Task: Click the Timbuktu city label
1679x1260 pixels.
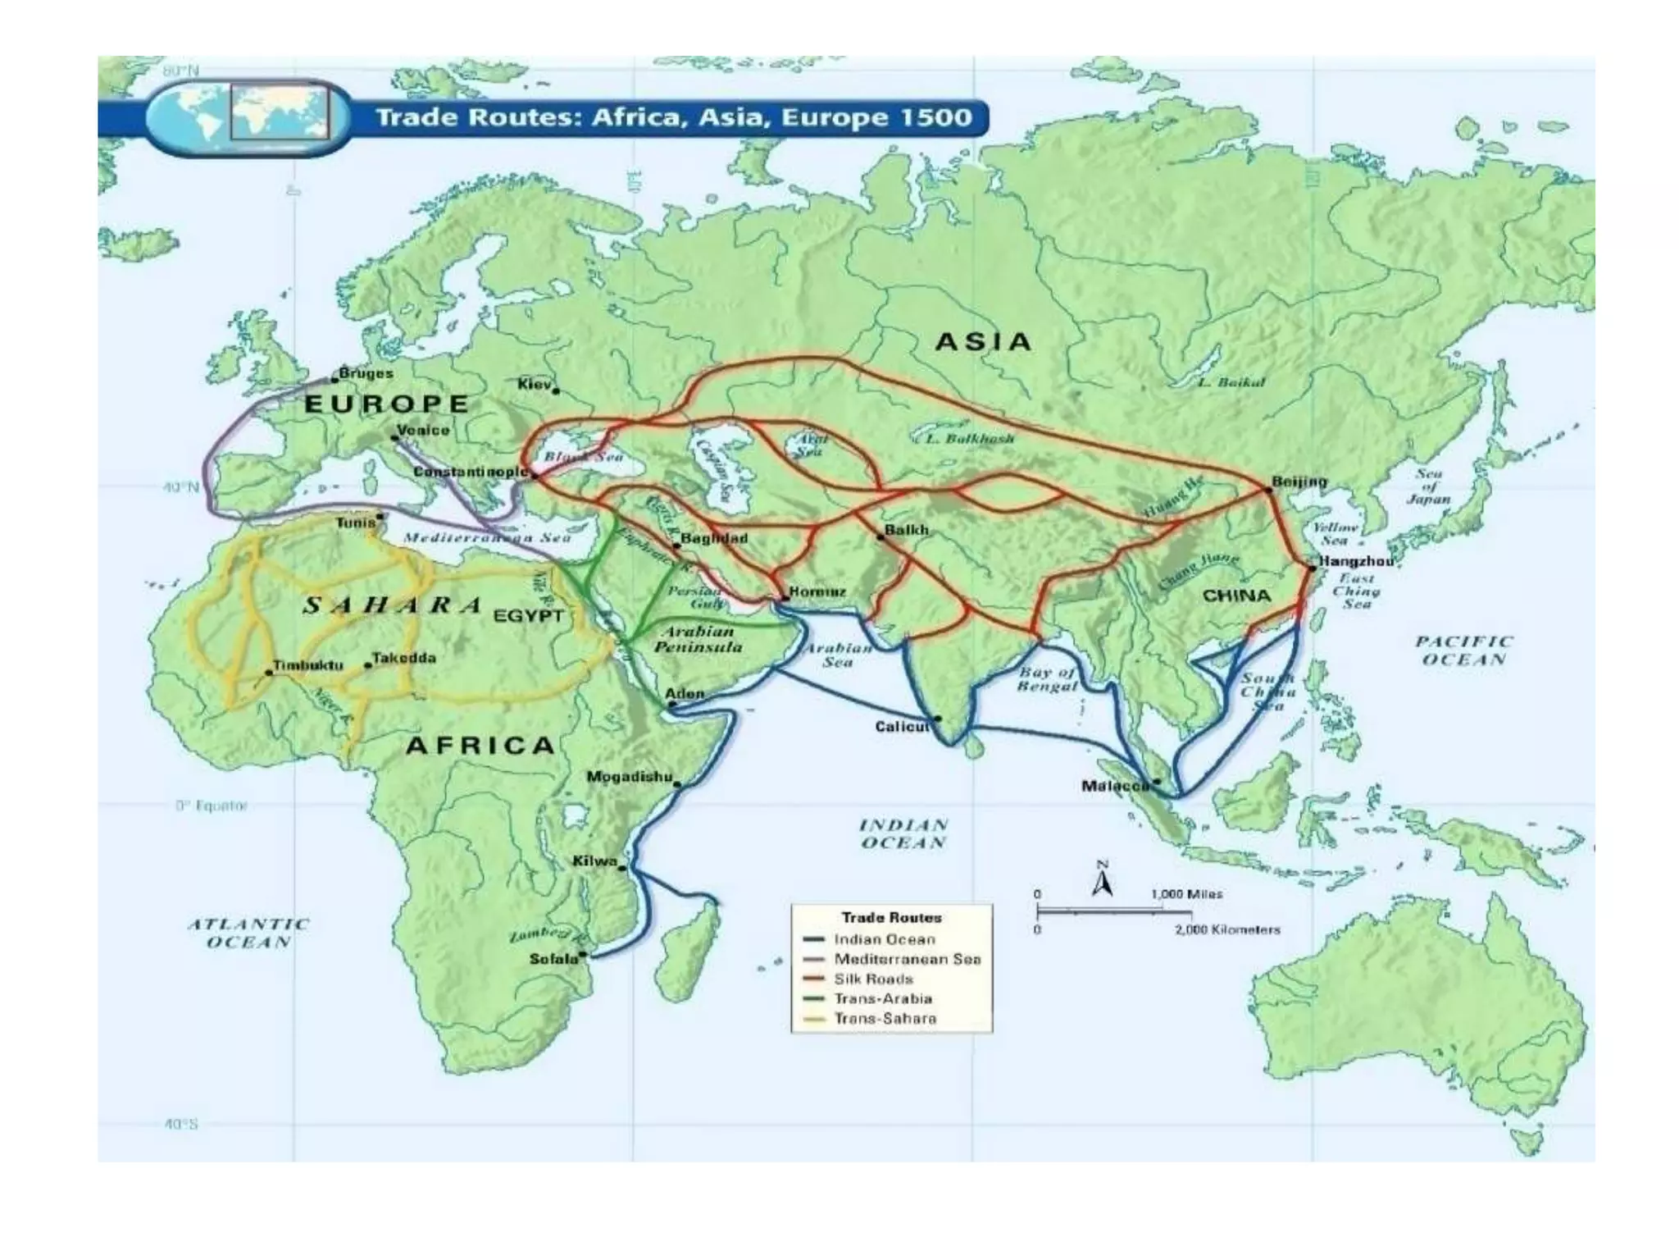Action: tap(307, 664)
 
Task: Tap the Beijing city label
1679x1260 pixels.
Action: tap(1299, 482)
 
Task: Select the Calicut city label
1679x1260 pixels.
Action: tap(902, 727)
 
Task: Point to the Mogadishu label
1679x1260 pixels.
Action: tap(629, 777)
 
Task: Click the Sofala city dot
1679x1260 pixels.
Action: tap(582, 954)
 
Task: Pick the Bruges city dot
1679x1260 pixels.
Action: tap(335, 379)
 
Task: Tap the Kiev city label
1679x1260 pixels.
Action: tap(535, 384)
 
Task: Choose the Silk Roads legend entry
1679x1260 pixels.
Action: tap(872, 979)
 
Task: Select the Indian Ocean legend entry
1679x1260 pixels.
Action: tap(884, 939)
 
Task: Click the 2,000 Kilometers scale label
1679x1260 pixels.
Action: tap(1227, 929)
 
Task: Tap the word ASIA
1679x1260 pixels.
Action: tap(983, 342)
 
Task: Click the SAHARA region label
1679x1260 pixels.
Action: tap(392, 606)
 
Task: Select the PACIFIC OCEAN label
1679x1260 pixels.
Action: tap(1463, 651)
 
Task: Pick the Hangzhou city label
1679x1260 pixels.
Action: tap(1355, 562)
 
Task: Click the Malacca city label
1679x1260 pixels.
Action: tap(1115, 786)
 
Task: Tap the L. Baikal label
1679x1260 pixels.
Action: tap(1231, 382)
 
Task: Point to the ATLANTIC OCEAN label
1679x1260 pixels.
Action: tap(248, 933)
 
